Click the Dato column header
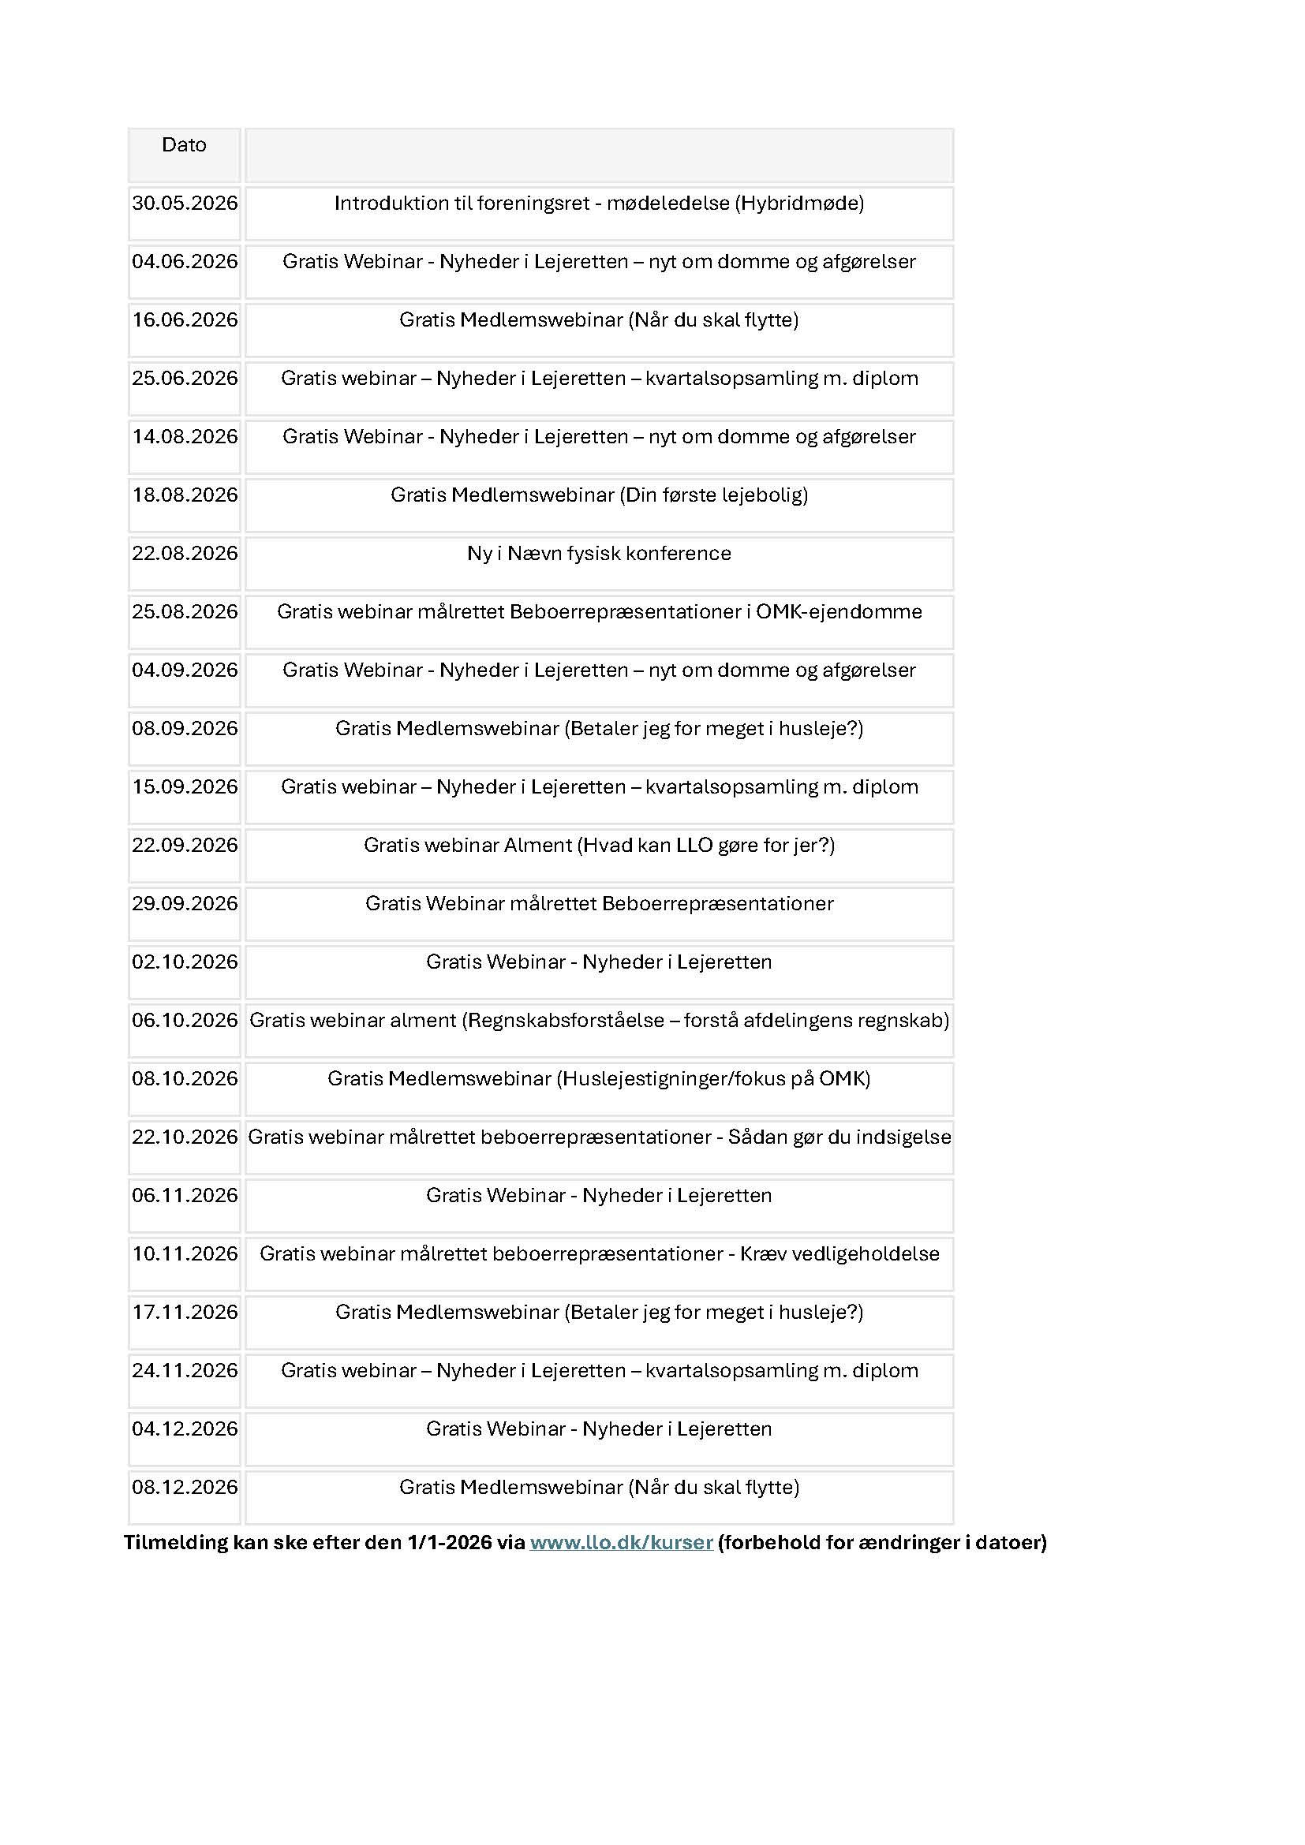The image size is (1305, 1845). pos(184,144)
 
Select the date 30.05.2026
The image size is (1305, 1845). pos(185,204)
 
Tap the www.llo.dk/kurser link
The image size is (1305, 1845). pos(621,1542)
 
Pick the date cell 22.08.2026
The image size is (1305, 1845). pos(185,554)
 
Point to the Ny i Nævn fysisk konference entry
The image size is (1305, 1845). pos(599,554)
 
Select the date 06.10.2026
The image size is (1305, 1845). pos(185,1021)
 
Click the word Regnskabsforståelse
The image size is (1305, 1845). pos(566,1021)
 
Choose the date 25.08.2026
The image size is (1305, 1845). pos(185,611)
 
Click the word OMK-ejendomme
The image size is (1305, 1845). pos(839,611)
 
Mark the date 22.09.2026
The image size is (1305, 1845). pos(185,846)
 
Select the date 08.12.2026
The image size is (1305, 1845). pos(185,1488)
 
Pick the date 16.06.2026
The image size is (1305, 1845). pos(185,319)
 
